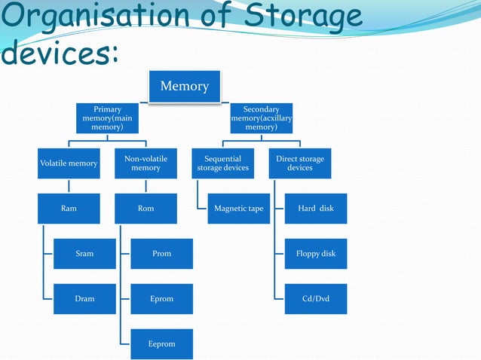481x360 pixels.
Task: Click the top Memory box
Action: [184, 86]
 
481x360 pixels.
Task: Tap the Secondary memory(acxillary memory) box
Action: [261, 119]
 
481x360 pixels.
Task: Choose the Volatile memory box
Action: [69, 163]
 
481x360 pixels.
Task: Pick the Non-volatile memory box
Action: [146, 163]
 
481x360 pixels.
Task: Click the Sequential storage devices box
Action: [222, 163]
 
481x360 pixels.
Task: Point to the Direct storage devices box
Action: [299, 163]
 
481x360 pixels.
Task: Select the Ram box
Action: [69, 209]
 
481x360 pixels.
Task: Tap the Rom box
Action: [146, 209]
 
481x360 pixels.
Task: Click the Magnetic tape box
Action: [238, 209]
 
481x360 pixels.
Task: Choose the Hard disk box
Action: [315, 209]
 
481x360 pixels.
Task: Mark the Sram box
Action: [84, 254]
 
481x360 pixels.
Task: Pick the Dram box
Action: [84, 299]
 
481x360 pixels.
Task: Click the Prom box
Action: [161, 254]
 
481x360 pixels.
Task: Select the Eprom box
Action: [161, 299]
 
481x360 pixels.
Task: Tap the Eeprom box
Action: [161, 344]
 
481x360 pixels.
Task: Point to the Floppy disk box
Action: [315, 254]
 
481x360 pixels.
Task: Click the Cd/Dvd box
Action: [315, 299]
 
